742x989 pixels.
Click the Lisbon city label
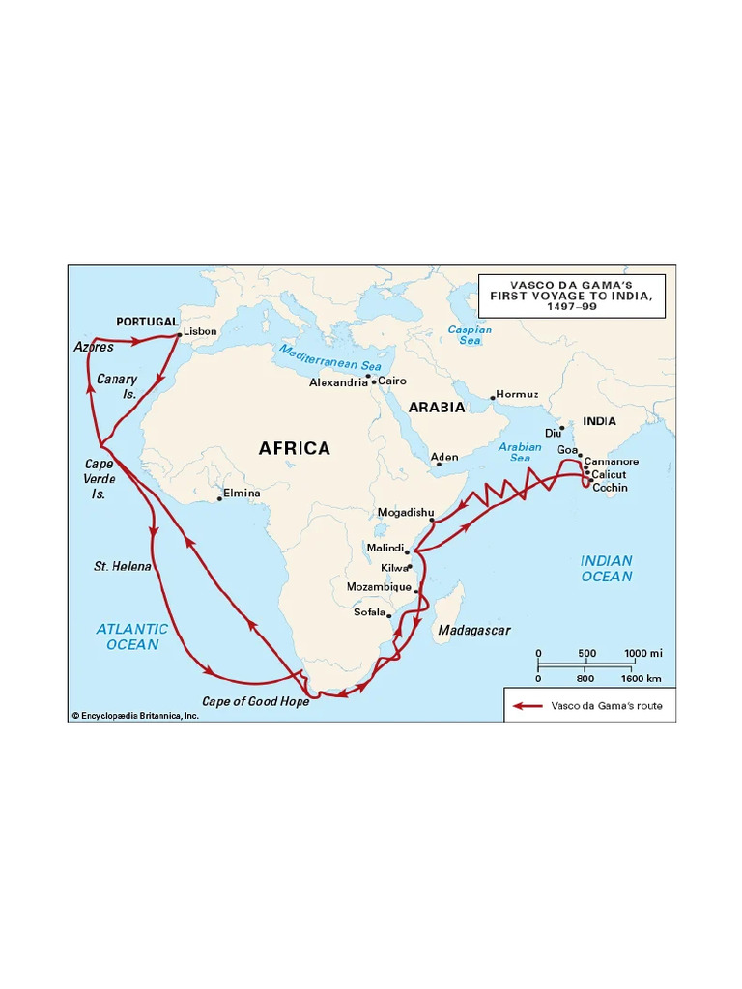(201, 331)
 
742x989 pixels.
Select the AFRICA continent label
(295, 448)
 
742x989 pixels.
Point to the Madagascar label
(474, 631)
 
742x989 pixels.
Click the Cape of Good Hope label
(256, 702)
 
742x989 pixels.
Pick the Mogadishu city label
(399, 512)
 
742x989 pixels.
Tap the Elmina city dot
(219, 498)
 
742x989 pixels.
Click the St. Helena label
(123, 566)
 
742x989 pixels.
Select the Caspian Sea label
(470, 335)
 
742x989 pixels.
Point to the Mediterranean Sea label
(331, 357)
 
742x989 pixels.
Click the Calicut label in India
(609, 474)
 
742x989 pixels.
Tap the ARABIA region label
(437, 408)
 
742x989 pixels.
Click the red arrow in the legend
(528, 706)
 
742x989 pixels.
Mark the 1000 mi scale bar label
(642, 653)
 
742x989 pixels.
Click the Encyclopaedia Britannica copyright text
(135, 716)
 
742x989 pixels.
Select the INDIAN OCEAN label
(607, 568)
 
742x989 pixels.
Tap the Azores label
(94, 347)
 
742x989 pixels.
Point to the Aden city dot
(439, 465)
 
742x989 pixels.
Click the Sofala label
(368, 611)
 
